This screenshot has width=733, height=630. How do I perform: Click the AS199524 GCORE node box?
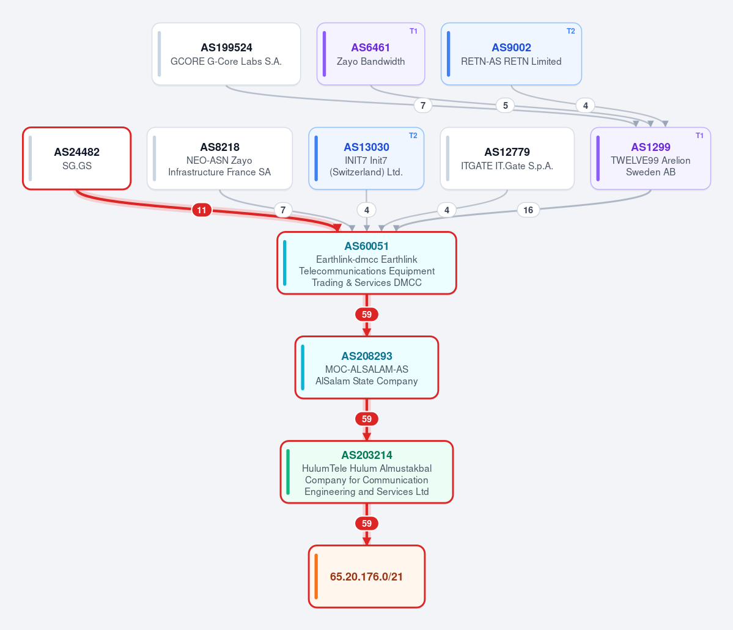(x=226, y=54)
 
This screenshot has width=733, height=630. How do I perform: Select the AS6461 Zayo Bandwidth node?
(x=370, y=54)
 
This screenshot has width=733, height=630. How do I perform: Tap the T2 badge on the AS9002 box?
(x=571, y=31)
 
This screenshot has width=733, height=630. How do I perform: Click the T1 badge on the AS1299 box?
(x=699, y=136)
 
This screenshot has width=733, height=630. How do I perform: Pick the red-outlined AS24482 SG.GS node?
(x=76, y=158)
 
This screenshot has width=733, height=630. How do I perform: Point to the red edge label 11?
(x=202, y=210)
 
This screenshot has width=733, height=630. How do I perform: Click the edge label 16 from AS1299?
(x=528, y=210)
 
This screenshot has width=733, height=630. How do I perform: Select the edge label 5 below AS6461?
(x=506, y=106)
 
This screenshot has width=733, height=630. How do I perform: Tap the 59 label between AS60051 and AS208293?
(x=367, y=315)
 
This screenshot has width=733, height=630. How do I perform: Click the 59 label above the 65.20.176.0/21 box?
(x=367, y=524)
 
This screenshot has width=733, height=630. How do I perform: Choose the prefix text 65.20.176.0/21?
(x=367, y=577)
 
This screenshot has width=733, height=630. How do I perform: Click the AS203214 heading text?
(x=367, y=455)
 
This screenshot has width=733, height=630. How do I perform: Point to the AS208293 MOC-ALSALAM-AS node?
(x=367, y=367)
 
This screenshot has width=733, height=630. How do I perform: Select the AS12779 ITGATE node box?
(x=507, y=158)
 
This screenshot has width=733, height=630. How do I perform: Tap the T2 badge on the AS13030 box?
(x=413, y=136)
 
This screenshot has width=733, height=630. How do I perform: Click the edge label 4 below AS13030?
(x=367, y=210)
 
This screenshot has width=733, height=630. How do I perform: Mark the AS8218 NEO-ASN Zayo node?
(x=219, y=158)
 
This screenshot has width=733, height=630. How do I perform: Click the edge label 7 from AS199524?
(x=423, y=106)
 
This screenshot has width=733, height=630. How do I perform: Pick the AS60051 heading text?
(x=367, y=246)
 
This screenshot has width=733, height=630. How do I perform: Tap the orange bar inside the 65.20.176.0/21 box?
(x=317, y=577)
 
